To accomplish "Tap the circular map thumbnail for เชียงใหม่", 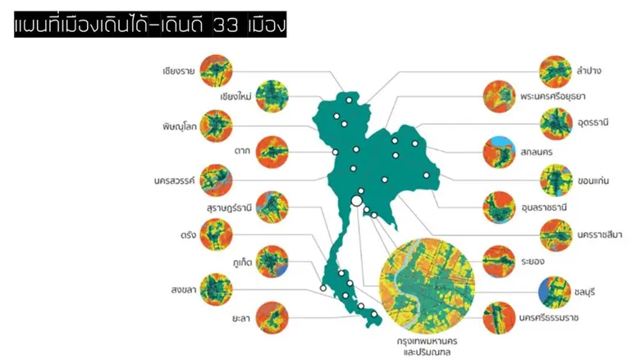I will tap(272, 96).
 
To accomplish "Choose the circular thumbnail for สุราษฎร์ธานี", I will tap(272, 207).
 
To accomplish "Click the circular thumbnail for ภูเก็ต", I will tap(272, 262).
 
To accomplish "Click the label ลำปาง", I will tap(589, 71).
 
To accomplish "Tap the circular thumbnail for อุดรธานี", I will tap(556, 124).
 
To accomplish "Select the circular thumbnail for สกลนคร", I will tap(498, 151).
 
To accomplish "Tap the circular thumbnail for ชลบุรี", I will tap(555, 290).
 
